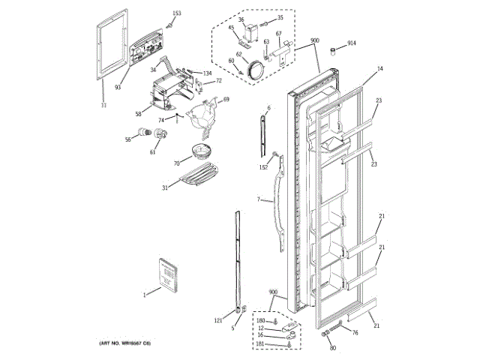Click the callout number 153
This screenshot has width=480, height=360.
[177, 13]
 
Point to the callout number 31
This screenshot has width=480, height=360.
[164, 187]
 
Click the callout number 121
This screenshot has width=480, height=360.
[218, 321]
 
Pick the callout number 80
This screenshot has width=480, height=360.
[333, 347]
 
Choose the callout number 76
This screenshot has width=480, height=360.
[355, 332]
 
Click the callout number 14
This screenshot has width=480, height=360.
[379, 69]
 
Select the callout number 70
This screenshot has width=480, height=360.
[176, 162]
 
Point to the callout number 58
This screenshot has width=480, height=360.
[138, 114]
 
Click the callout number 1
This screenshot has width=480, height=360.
[145, 294]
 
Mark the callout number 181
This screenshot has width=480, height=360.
[260, 343]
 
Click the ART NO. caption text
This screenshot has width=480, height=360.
[125, 343]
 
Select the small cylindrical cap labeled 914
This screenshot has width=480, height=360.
[328, 49]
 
